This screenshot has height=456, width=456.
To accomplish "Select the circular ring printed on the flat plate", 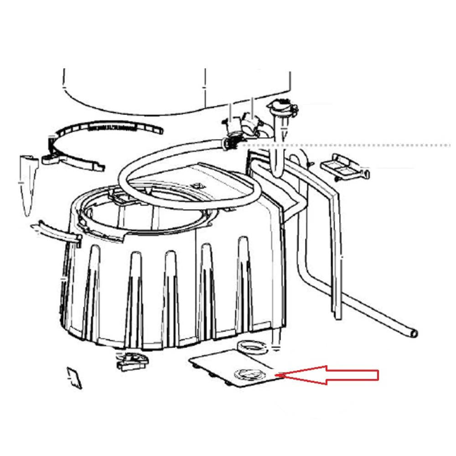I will (x=246, y=374).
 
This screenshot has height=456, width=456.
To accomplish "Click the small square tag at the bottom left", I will (x=74, y=378).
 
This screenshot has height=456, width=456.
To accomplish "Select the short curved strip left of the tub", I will (x=55, y=231).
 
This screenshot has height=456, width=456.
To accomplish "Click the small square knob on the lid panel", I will (x=197, y=185).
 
